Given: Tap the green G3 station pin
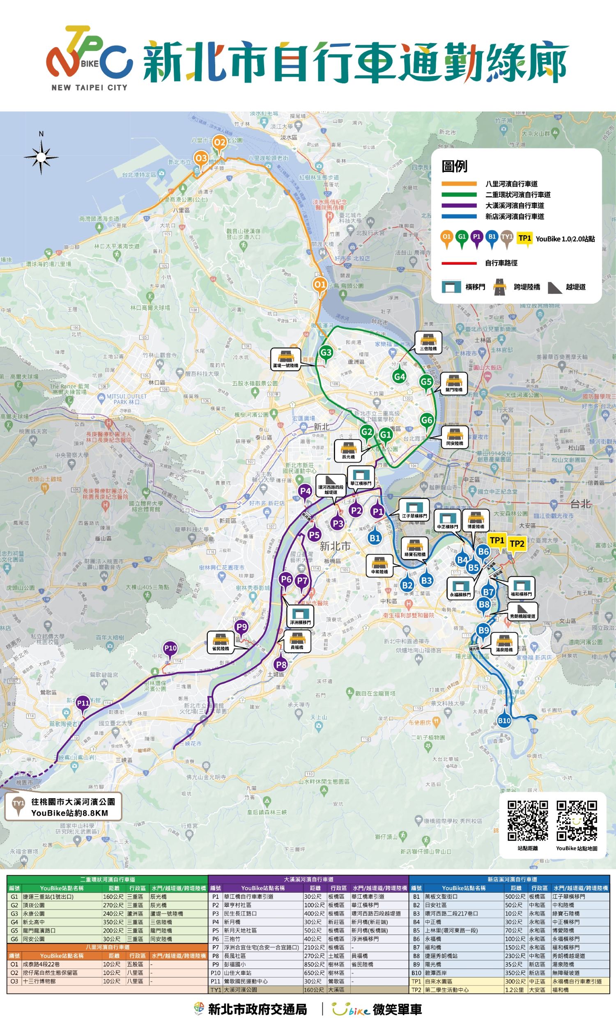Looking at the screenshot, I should (326, 353).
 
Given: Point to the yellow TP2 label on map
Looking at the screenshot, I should (517, 544).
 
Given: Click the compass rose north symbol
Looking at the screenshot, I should (41, 157).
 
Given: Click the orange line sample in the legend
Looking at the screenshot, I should (459, 184).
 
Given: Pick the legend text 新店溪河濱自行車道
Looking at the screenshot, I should (514, 216).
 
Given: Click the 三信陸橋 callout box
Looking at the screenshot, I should (428, 343).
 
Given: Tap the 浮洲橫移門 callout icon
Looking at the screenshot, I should (300, 617).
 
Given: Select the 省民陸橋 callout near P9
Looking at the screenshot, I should (221, 642).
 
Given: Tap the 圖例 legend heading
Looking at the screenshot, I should (454, 167).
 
